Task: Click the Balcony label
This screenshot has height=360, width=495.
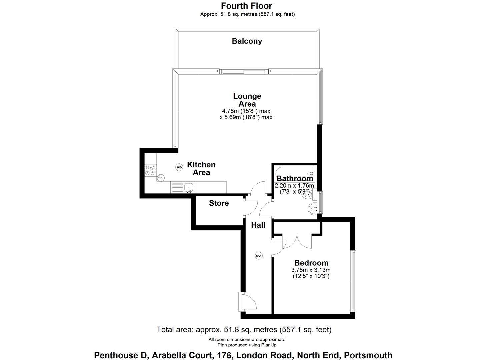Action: coord(247,41)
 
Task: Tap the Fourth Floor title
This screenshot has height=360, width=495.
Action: coord(247,6)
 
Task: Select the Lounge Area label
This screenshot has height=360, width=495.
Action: coord(247,100)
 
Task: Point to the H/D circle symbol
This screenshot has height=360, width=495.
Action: coord(179,167)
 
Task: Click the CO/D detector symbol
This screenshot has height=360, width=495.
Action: coord(161,178)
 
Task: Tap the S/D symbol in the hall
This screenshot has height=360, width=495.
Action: coord(258,256)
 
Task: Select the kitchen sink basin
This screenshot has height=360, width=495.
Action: coord(189,187)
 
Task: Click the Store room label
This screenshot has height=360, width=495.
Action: coord(219,203)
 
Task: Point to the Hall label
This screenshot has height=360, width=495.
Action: coord(258,225)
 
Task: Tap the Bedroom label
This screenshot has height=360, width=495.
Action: coord(311,263)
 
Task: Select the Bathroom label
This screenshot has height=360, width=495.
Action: coord(295,178)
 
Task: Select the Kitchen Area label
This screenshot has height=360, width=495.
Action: coord(201,168)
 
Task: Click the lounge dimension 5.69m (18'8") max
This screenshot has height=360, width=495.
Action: coord(246,117)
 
